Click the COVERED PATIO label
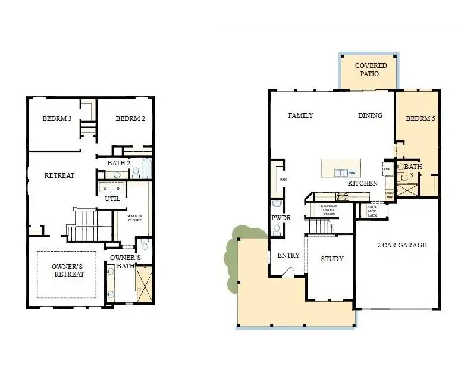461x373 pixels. pyautogui.click(x=371, y=69)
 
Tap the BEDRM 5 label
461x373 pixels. pyautogui.click(x=421, y=119)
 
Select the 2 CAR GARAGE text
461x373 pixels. pyautogui.click(x=402, y=245)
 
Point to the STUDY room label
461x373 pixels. pyautogui.click(x=332, y=259)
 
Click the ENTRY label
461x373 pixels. pyautogui.click(x=288, y=255)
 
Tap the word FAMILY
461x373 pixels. pyautogui.click(x=300, y=115)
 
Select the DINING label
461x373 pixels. pyautogui.click(x=370, y=115)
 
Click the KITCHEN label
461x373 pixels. pyautogui.click(x=363, y=183)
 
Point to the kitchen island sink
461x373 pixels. pyautogui.click(x=341, y=173)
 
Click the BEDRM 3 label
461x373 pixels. pyautogui.click(x=57, y=118)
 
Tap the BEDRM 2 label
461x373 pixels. pyautogui.click(x=130, y=118)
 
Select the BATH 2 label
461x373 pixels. pyautogui.click(x=119, y=163)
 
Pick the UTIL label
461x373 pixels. pyautogui.click(x=112, y=199)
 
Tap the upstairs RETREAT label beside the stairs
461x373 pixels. pyautogui.click(x=59, y=175)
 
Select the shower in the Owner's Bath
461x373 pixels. pyautogui.click(x=145, y=286)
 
